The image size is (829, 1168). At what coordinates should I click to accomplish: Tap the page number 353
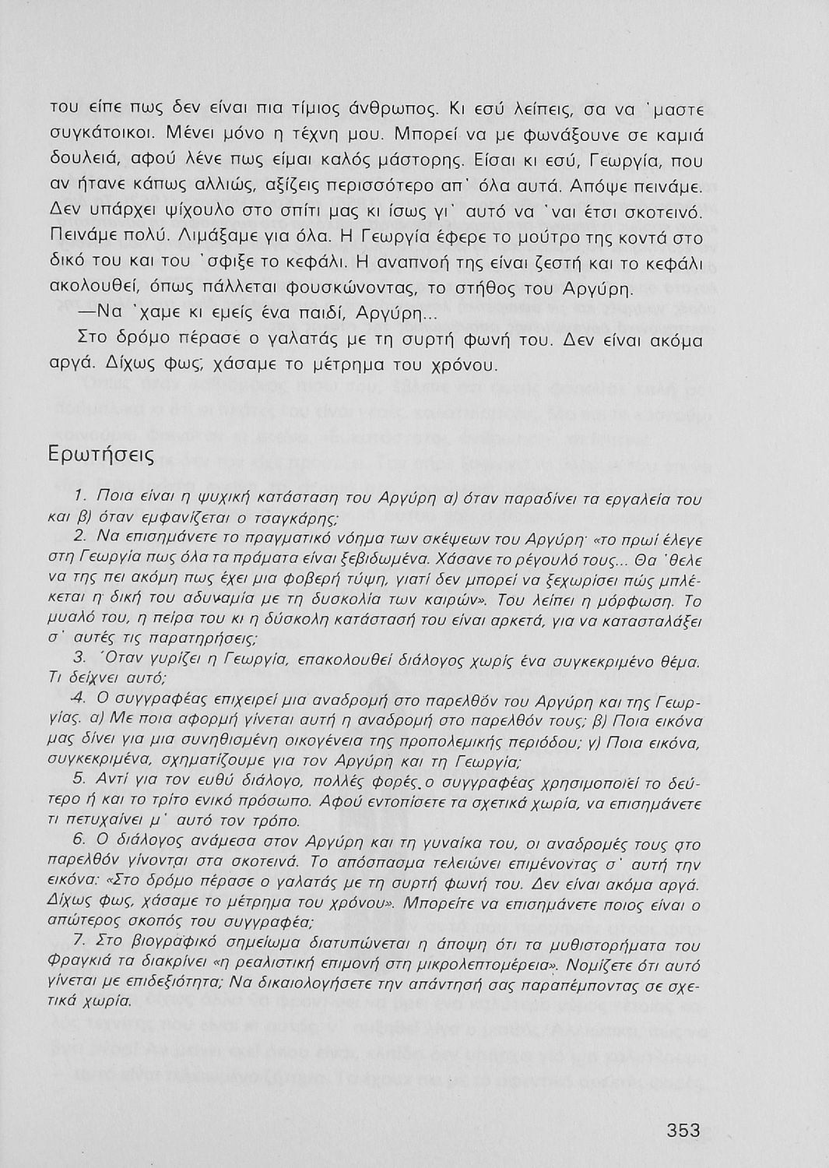[683, 1130]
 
